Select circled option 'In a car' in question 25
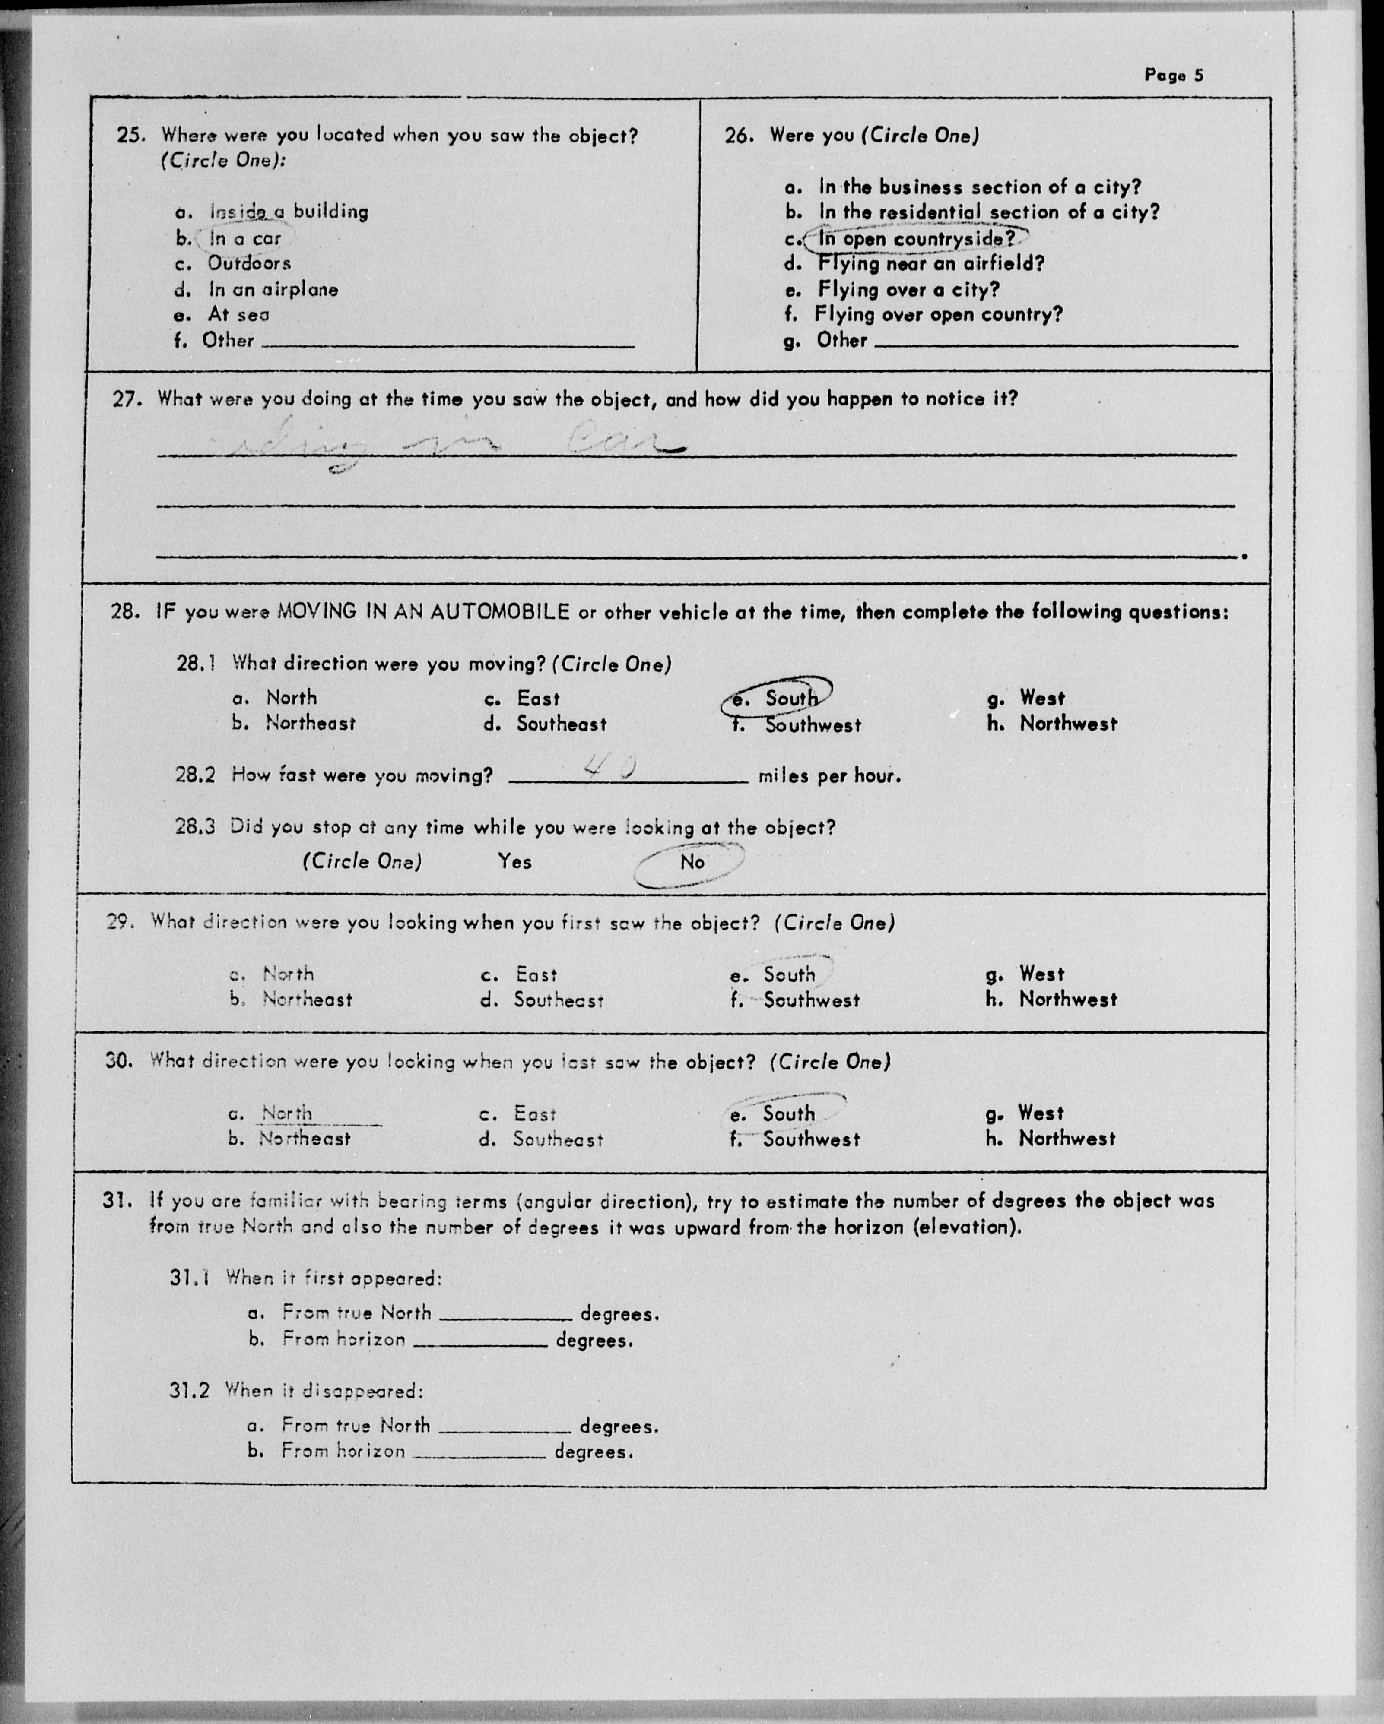pos(245,238)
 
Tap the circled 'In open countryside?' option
pos(916,238)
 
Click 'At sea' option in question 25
pos(238,314)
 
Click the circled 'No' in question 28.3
pos(692,862)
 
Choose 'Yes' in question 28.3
pos(514,862)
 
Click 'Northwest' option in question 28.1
pos(1067,724)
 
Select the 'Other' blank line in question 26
pos(1056,342)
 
